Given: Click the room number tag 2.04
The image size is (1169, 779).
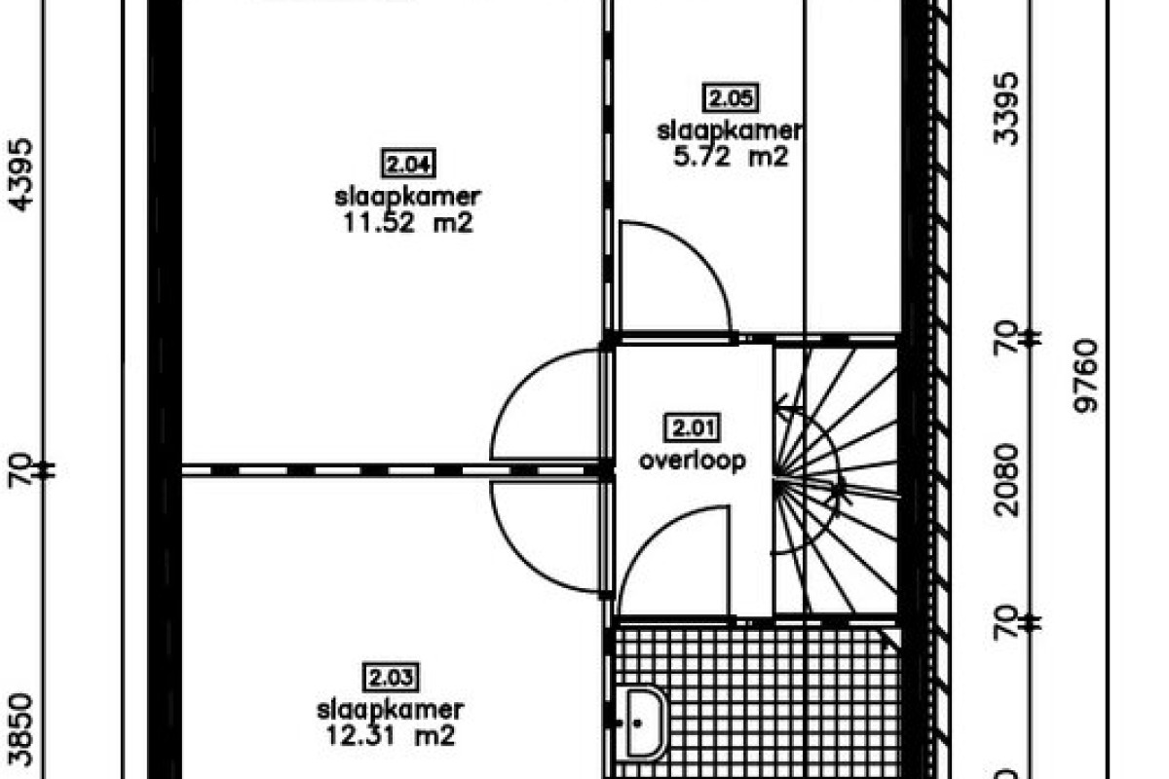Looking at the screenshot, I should tap(407, 164).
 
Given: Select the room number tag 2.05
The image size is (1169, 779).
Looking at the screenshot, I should tap(731, 97).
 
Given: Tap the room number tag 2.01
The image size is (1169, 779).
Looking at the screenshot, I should tap(693, 427).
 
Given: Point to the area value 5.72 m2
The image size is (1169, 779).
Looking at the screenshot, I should tap(731, 156).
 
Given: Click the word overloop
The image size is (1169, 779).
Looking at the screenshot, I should tap(693, 460).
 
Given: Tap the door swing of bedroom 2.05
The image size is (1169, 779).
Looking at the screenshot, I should tap(672, 278).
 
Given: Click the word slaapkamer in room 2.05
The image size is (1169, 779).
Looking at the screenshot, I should tap(731, 130).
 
